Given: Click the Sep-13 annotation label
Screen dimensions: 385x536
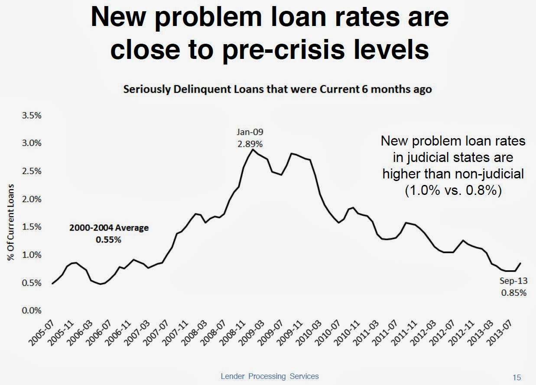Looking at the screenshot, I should pos(513,281).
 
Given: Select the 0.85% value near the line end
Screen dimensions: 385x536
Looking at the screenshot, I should pos(513,293).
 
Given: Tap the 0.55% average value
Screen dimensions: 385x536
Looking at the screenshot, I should pos(108,239).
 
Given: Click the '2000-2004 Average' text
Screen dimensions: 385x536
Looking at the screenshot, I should pos(109,228).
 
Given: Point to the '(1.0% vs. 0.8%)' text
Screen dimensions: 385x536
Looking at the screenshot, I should pos(453,191).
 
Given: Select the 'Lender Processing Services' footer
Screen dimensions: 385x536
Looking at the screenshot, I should pos(270,376).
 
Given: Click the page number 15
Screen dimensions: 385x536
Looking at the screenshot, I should pos(517,376).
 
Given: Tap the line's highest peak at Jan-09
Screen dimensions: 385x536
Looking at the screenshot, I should pos(252,149).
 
